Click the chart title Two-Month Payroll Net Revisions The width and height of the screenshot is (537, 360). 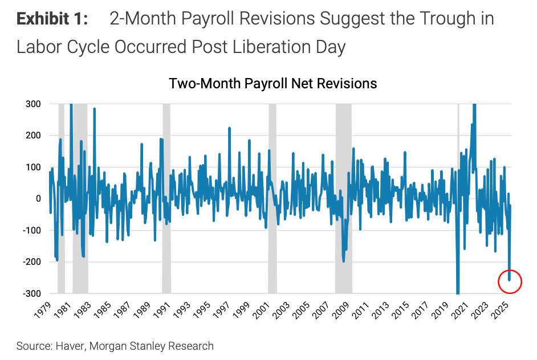273,83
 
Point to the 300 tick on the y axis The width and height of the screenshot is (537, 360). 33,104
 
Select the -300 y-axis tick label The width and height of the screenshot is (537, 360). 32,293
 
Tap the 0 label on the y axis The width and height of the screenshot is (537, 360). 38,198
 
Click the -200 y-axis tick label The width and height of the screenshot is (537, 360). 32,261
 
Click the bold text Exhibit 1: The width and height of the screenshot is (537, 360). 52,19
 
